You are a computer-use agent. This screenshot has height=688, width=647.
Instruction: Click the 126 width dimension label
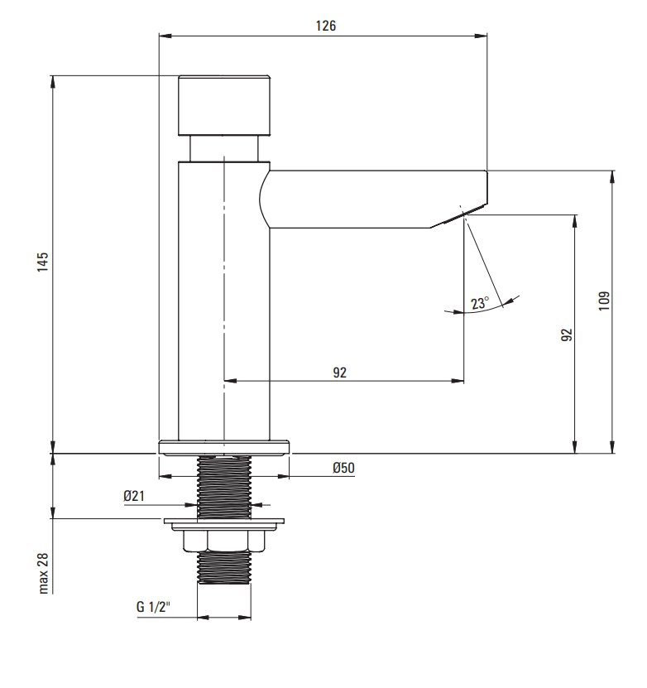pos(326,26)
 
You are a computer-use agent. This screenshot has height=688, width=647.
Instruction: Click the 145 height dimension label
pos(42,262)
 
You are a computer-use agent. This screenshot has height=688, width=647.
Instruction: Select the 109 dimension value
pos(604,301)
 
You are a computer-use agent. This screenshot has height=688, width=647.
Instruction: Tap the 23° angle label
pos(480,303)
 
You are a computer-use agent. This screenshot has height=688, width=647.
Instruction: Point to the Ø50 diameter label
pos(343,468)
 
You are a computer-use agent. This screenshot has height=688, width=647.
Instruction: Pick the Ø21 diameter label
pos(134,496)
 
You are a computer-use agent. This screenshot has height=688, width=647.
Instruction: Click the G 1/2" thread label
pos(153,607)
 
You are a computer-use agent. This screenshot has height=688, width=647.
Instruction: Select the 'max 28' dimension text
pos(43,573)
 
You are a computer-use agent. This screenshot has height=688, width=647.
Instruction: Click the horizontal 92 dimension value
pos(340,373)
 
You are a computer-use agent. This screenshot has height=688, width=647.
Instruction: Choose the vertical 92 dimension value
pos(567,334)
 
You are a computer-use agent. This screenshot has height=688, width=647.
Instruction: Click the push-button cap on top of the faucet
pos(224,105)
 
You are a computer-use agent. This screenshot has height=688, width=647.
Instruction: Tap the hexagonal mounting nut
pos(224,541)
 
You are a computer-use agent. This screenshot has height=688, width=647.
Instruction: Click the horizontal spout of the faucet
pos(373,200)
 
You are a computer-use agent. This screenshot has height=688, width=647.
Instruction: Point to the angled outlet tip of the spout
pos(459,216)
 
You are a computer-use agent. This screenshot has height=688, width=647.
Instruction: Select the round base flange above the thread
pos(224,448)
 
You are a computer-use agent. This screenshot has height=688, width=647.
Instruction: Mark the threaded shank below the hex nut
pos(224,568)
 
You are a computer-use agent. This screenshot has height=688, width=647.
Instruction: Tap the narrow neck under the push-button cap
pos(224,149)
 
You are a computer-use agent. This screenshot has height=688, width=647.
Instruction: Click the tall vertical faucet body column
pos(224,301)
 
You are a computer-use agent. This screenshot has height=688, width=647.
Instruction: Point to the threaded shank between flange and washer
pos(224,487)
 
